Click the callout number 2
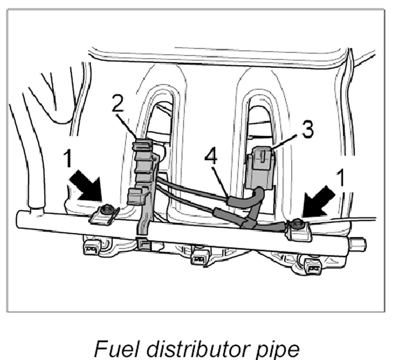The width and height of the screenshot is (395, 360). tap(118, 103)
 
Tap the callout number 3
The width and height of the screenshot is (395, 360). tap(307, 129)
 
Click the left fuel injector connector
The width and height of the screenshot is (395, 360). tap(91, 248)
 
